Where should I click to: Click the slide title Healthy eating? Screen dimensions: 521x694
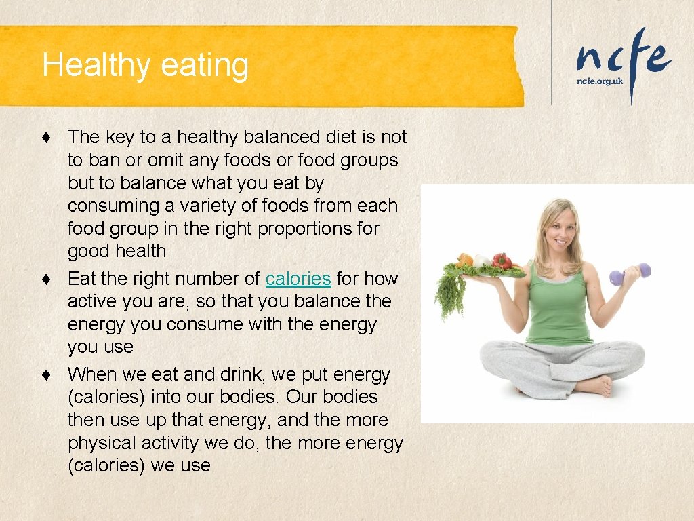point(145,66)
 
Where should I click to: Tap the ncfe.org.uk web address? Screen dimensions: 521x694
point(599,81)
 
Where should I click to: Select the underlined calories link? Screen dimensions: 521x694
point(298,279)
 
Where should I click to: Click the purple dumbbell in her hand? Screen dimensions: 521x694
point(630,273)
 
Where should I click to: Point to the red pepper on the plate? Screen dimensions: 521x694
point(502,261)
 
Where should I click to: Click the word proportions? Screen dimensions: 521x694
point(300,229)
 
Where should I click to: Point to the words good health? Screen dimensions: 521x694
point(117,251)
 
